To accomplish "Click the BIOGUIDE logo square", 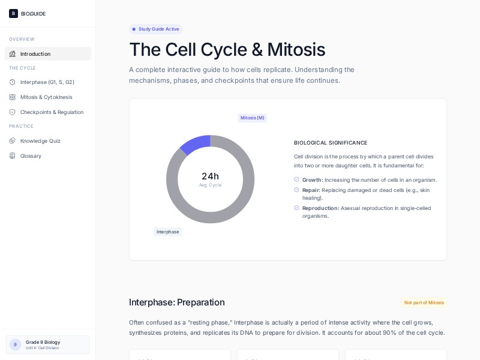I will [x=13, y=13].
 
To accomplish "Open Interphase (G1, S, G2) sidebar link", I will [x=47, y=82].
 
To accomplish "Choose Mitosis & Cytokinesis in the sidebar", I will [x=46, y=97].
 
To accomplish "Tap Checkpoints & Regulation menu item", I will [x=52, y=112].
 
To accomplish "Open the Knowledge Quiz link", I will [x=40, y=141].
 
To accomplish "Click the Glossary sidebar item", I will [x=31, y=156].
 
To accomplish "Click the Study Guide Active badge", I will [x=155, y=29].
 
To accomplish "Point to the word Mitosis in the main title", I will [x=296, y=49].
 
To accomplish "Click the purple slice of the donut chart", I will [x=194, y=144].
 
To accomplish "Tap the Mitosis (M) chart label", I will [x=252, y=118].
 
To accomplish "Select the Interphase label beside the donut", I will [x=167, y=232].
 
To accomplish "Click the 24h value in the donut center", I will [x=210, y=176].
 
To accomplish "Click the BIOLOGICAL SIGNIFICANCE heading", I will [x=331, y=143].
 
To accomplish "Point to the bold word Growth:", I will [x=313, y=180].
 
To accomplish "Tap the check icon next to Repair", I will [x=296, y=190].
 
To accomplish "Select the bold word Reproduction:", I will [x=320, y=208].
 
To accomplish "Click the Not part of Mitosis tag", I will [x=424, y=302].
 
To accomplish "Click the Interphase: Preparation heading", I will [x=176, y=302].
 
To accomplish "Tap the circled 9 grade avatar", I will [x=15, y=344].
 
